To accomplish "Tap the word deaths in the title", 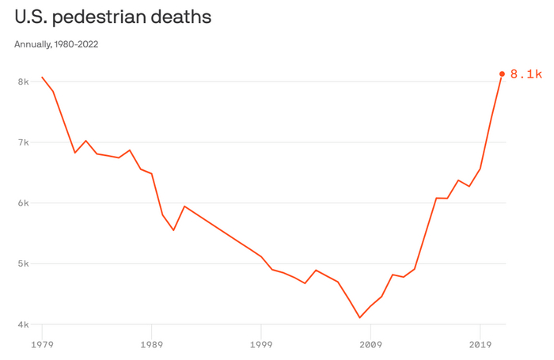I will (184, 17).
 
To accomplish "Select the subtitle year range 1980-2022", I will (77, 44).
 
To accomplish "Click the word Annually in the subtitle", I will (32, 44).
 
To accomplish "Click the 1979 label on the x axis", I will (42, 345).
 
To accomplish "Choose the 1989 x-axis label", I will (151, 345).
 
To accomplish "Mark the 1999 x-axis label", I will (261, 345).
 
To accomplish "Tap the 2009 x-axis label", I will (371, 345).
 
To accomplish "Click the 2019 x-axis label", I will (480, 345).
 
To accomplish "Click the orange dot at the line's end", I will (502, 74).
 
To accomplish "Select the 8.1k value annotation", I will (526, 74).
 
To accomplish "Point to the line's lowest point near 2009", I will (360, 318).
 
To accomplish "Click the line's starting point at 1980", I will (42, 77).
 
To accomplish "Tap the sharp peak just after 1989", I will (184, 207).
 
